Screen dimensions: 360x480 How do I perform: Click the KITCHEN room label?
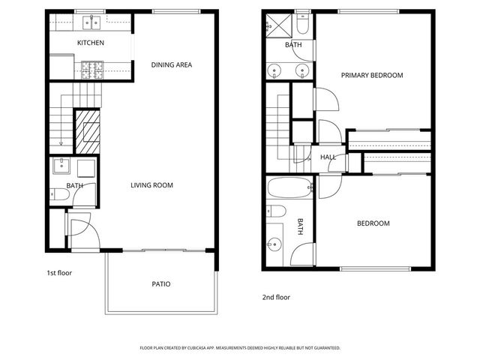click(91, 43)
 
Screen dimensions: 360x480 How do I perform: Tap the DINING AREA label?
click(172, 65)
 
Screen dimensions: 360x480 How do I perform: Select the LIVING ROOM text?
click(152, 185)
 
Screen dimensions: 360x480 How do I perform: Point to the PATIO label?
click(161, 284)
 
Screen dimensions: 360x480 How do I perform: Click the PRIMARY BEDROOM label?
click(372, 75)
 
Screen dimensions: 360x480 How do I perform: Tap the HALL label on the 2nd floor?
click(328, 157)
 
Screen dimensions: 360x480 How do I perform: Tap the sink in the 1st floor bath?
click(61, 166)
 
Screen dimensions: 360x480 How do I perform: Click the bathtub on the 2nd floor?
click(289, 187)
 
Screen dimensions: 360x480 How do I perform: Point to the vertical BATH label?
click(301, 226)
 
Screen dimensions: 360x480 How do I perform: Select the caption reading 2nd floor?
click(275, 297)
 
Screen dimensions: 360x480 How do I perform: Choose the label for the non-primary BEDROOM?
click(372, 223)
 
